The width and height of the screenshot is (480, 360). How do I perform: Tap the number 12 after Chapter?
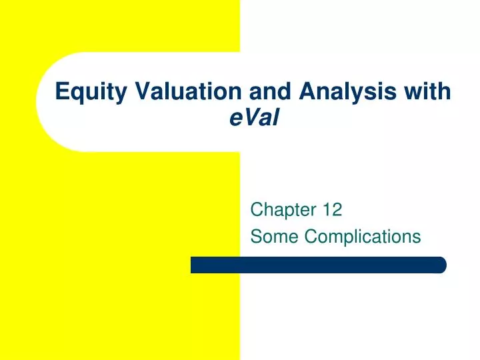point(332,211)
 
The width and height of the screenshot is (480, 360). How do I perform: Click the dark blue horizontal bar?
point(318,265)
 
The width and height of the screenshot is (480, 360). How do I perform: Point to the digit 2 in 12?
point(337,211)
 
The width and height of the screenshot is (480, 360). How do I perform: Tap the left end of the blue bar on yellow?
point(194,265)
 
